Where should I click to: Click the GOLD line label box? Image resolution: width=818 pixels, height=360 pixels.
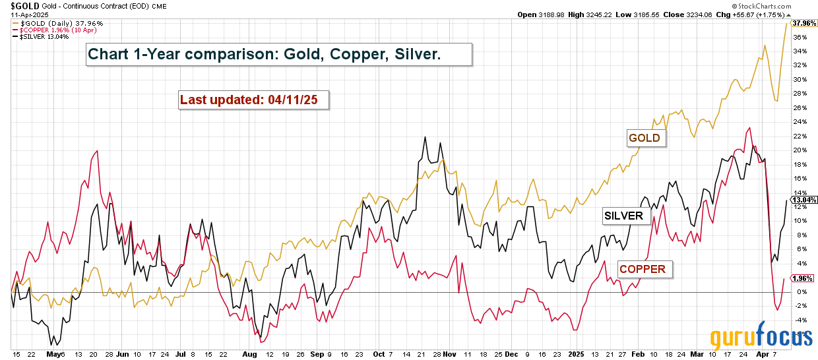coord(646,138)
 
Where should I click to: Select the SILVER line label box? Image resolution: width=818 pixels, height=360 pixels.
coord(623,216)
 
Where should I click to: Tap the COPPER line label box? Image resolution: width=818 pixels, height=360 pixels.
coord(642,269)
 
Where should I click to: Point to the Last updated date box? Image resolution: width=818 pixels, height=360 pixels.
coord(254,100)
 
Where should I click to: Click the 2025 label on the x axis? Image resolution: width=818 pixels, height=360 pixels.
coord(576,354)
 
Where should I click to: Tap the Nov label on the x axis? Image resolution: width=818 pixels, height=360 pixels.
coord(449,354)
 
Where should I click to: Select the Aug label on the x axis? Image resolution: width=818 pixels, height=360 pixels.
coord(249,354)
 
